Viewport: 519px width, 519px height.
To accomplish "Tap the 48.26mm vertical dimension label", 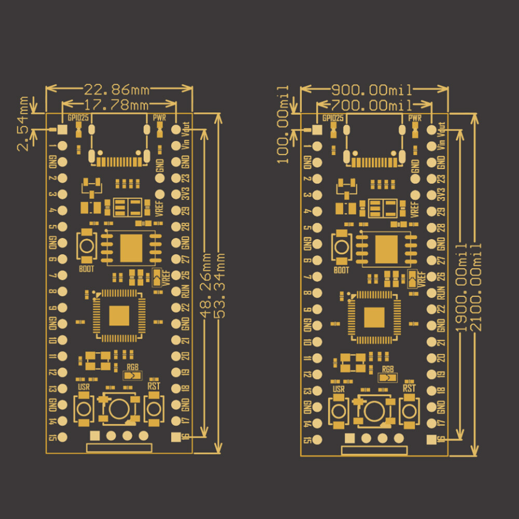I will (208, 286).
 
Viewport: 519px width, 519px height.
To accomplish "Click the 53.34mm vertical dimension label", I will (222, 286).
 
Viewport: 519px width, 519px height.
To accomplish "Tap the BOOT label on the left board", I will (87, 269).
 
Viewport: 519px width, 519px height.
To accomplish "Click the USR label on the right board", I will (338, 389).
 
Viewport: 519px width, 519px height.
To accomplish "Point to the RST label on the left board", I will (154, 386).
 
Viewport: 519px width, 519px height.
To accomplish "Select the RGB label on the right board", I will (388, 369).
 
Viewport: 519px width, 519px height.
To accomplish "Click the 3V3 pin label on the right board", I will (441, 195).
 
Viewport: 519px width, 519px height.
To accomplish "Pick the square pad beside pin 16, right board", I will (431, 440).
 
